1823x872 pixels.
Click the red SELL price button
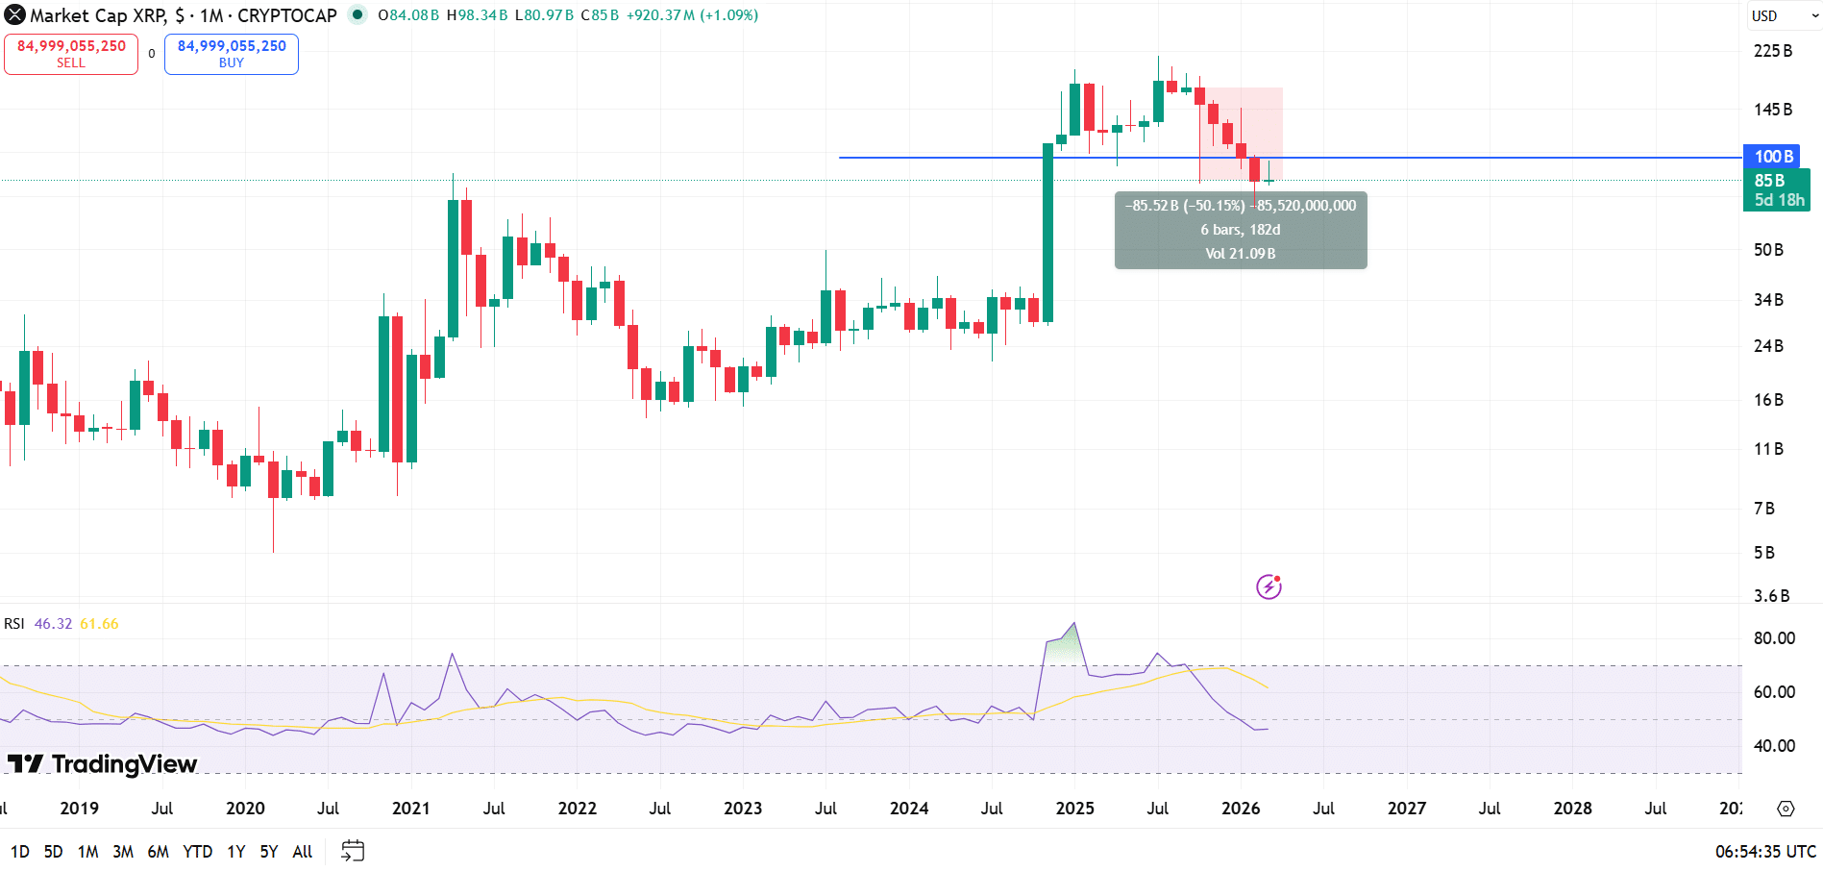point(71,54)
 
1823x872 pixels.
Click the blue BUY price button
point(232,54)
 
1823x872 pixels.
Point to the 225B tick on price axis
point(1772,51)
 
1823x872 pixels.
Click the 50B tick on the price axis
point(1768,250)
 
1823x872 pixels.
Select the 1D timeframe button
point(19,852)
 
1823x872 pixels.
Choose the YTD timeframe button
point(197,852)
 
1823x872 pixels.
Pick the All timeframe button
point(302,852)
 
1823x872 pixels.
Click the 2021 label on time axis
point(410,809)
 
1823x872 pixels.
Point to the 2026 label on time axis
point(1240,809)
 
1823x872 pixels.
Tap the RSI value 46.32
point(53,624)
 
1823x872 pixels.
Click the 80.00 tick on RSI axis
point(1773,638)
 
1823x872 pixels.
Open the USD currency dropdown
point(1784,15)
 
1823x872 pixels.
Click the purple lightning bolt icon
point(1269,586)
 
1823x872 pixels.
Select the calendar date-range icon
point(353,851)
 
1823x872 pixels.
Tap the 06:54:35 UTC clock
point(1764,852)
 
